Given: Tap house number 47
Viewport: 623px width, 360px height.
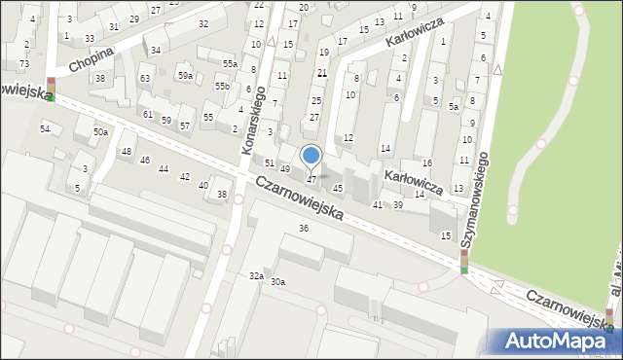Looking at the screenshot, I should coord(311,180).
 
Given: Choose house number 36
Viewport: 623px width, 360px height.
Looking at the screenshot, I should coord(304,228).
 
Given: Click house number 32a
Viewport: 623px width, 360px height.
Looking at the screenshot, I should coord(256,276).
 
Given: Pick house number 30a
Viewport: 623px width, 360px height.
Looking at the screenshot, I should coord(278,282).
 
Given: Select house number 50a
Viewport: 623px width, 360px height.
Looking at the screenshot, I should coord(100,131).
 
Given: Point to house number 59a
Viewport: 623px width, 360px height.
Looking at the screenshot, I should coord(184,75).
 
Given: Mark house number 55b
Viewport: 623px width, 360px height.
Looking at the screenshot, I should coord(223,87).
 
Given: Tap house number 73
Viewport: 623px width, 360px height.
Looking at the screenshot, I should coord(23,63).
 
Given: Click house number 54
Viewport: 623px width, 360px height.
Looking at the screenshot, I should coord(44,128).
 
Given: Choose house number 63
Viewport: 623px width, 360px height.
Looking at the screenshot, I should coord(145,78).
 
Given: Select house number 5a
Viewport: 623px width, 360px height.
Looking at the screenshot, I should coord(454,107).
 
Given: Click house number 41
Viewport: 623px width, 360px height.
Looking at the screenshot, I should coord(378,204).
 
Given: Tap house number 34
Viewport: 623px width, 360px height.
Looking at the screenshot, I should coord(156,50).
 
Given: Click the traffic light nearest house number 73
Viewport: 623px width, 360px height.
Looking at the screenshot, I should coord(51,90).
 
